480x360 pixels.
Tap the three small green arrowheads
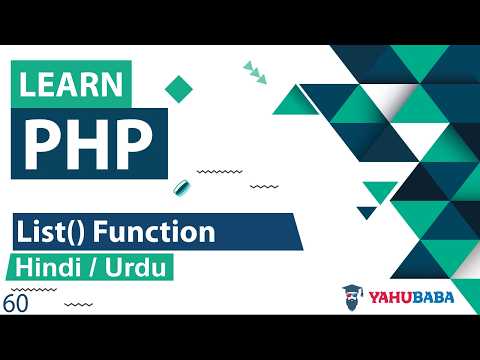tap(254, 70)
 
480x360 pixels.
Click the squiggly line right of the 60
tap(79, 302)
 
